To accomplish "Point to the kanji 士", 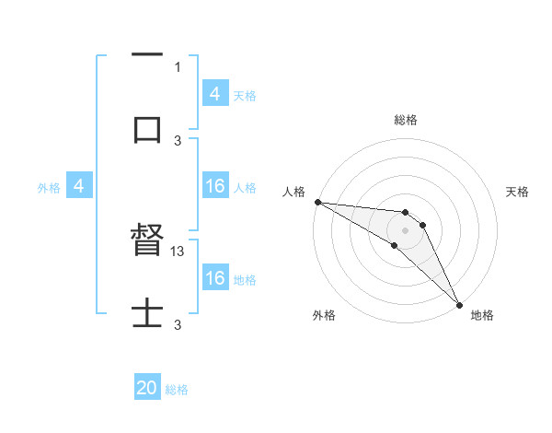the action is coord(147,313).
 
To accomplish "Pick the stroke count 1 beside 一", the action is coord(178,66).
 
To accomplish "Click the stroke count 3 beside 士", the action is coord(178,324).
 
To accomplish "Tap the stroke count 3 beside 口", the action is coord(178,140).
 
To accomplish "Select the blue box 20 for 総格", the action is coord(147,389).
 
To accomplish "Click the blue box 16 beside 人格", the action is coord(215,187).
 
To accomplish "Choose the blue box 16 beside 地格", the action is coord(215,278).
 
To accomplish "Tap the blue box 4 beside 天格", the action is coord(215,94).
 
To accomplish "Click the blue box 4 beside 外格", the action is coord(79,187).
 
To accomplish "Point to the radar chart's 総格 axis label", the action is coord(406,120).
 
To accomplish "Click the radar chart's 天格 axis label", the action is coord(518,192).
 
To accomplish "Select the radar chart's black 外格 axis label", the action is coord(324,315).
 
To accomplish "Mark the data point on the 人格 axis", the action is coord(317,202).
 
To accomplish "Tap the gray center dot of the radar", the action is coord(406,229).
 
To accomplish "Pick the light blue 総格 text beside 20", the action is coord(177,390).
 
